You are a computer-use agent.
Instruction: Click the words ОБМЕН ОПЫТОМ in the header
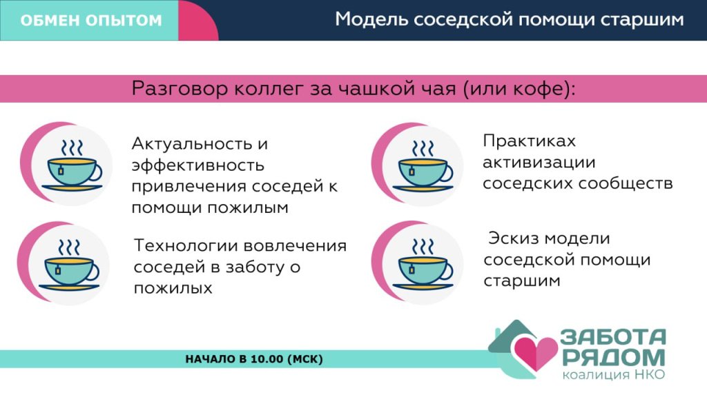pyautogui.click(x=91, y=20)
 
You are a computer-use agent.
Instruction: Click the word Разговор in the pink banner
pyautogui.click(x=180, y=89)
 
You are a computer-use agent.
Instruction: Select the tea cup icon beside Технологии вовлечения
pyautogui.click(x=69, y=265)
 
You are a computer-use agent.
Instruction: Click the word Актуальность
pyautogui.click(x=192, y=145)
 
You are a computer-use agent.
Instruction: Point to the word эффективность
pyautogui.click(x=198, y=165)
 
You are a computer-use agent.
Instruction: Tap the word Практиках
pyautogui.click(x=530, y=141)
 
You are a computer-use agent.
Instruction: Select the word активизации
pyautogui.click(x=539, y=163)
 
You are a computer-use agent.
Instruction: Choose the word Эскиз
pyautogui.click(x=513, y=238)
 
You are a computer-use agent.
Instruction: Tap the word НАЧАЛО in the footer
pyautogui.click(x=211, y=359)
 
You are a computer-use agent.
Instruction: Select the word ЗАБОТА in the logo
pyautogui.click(x=613, y=336)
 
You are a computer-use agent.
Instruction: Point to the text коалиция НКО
pyautogui.click(x=614, y=374)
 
